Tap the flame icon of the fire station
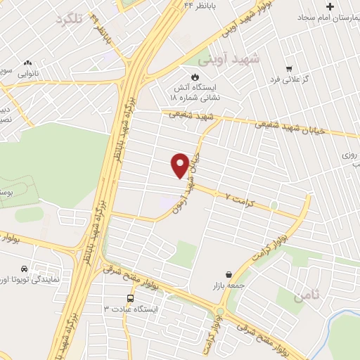point(195,76)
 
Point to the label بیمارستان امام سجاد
point(329,16)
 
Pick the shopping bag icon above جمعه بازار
point(229,275)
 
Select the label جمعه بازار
point(227,286)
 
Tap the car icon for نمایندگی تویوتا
point(24,269)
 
